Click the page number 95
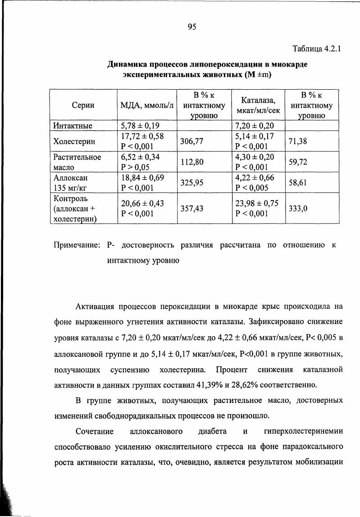coord(191,27)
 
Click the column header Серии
coord(83,105)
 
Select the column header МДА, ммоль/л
coord(147,105)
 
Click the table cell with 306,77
coord(192,141)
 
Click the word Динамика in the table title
coord(127,64)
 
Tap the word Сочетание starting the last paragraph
coord(96,431)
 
